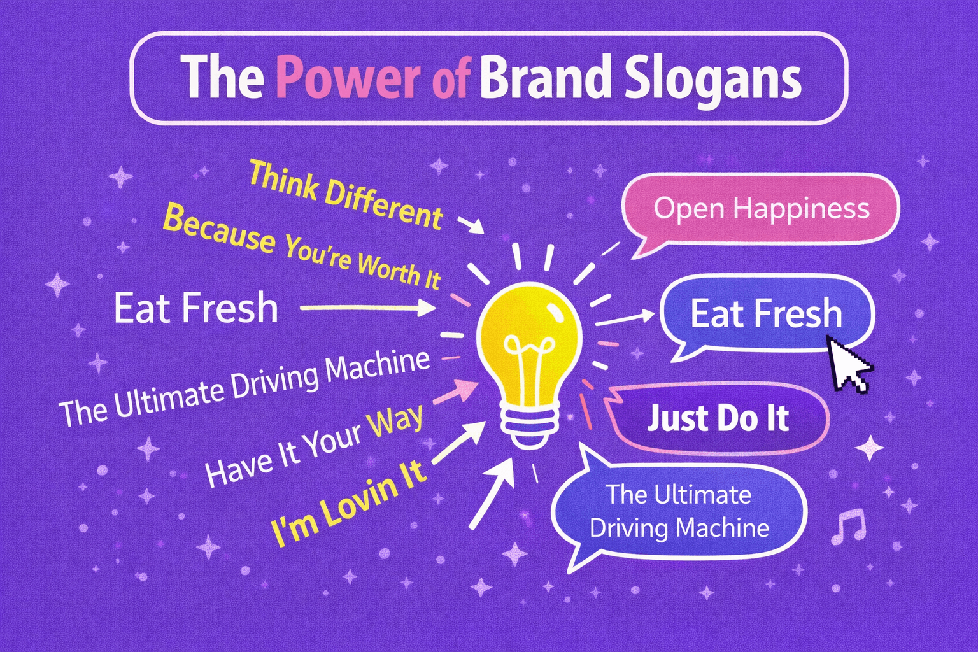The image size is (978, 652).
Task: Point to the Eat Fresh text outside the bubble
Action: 195,308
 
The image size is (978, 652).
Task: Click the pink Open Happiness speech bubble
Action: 761,209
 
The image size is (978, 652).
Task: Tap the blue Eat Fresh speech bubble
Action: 766,314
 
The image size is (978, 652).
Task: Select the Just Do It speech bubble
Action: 718,418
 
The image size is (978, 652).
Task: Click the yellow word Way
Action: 398,422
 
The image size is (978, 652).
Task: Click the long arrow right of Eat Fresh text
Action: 367,308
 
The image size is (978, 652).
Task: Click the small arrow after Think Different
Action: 471,225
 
